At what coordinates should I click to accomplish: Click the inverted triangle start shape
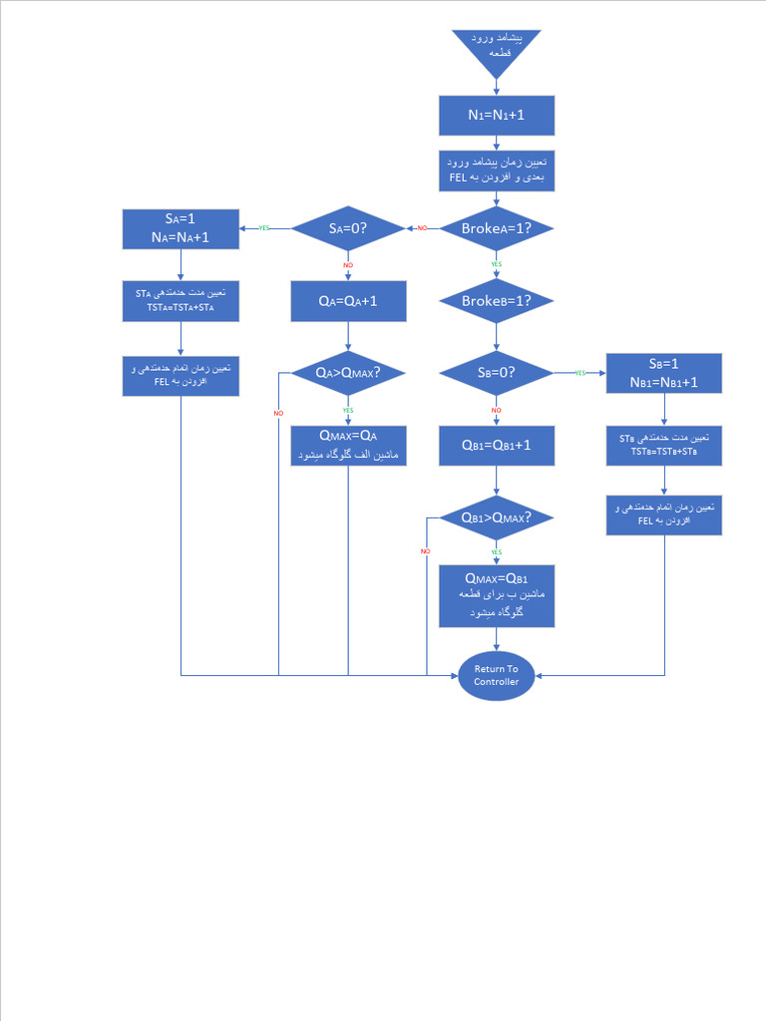(496, 50)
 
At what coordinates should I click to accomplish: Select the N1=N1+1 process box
(496, 115)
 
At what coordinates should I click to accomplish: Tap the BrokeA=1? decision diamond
(496, 228)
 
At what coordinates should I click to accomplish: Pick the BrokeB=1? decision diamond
(496, 300)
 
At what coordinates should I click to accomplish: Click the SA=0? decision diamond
(348, 228)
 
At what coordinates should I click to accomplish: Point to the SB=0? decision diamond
(496, 373)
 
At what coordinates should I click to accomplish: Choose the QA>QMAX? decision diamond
(348, 373)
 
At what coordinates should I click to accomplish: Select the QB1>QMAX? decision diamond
(496, 517)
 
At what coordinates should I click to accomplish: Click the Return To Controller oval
(496, 675)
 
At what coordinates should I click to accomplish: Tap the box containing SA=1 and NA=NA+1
(181, 228)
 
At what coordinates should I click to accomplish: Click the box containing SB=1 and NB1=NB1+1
(663, 373)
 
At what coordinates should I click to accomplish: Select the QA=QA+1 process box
(348, 300)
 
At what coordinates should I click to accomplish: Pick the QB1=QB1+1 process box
(496, 446)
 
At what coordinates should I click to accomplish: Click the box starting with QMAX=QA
(348, 446)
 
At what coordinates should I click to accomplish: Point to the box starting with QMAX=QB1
(496, 596)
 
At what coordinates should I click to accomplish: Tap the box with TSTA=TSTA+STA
(181, 300)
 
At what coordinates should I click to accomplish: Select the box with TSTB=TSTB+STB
(663, 446)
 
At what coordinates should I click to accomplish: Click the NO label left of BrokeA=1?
(422, 228)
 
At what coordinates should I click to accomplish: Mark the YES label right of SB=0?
(579, 373)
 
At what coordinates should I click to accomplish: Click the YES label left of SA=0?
(264, 228)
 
